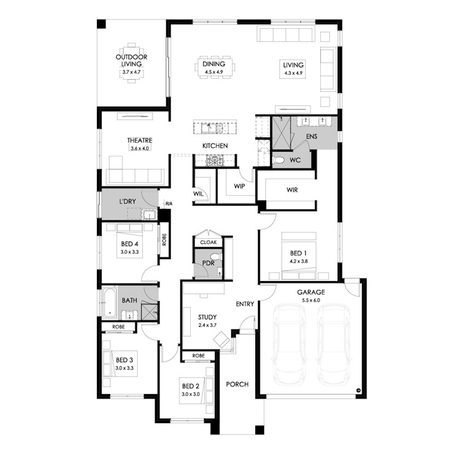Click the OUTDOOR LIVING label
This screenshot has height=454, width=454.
click(x=131, y=61)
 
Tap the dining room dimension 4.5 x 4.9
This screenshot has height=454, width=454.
click(x=214, y=72)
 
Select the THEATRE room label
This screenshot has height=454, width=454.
click(x=139, y=140)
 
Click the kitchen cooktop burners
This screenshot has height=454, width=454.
click(x=215, y=160)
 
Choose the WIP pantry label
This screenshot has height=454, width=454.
click(x=239, y=186)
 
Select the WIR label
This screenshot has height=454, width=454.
click(x=292, y=190)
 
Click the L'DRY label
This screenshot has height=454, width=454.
click(x=128, y=201)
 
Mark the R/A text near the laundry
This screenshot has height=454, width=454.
click(x=169, y=204)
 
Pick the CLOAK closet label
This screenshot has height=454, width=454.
click(x=209, y=242)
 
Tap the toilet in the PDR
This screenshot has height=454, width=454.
click(x=216, y=256)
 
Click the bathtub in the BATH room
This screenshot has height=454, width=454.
click(x=110, y=302)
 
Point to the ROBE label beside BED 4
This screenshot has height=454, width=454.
click(x=164, y=239)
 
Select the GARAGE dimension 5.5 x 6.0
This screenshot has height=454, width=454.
click(x=311, y=300)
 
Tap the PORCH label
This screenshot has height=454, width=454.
click(x=237, y=384)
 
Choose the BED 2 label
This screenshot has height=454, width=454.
click(x=191, y=386)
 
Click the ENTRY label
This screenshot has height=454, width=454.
click(x=245, y=304)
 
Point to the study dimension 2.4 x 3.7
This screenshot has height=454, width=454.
click(x=207, y=325)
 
